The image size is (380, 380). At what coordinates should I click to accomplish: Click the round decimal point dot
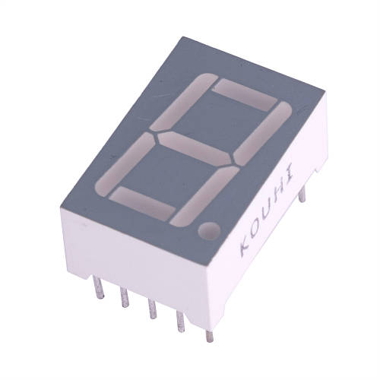tap(209, 230)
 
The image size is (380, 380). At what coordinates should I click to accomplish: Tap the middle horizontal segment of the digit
tap(195, 149)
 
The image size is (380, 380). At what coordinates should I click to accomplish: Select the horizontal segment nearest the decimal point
tap(143, 203)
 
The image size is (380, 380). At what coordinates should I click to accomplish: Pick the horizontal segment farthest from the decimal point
tap(245, 95)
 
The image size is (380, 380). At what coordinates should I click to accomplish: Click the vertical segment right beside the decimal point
tap(204, 196)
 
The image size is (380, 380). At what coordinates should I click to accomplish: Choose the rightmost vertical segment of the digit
tap(263, 134)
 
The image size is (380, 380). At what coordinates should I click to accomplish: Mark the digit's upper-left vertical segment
tap(184, 102)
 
